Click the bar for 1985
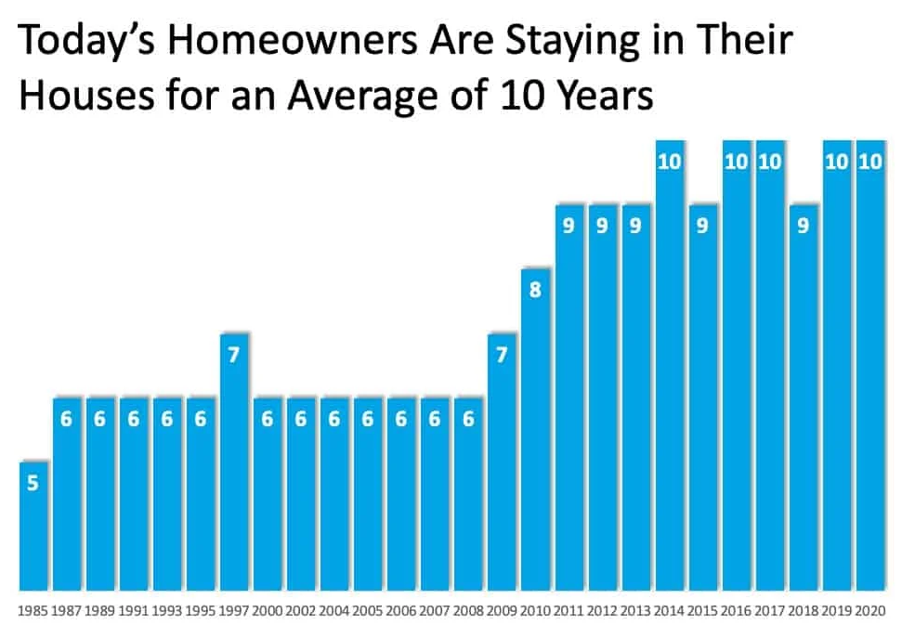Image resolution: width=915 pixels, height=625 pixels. point(33,526)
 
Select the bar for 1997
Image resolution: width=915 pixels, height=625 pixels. point(235,462)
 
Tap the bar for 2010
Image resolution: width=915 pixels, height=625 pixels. point(536,429)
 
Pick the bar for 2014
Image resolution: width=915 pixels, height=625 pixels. point(670,365)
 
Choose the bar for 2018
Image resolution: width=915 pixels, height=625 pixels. point(804,397)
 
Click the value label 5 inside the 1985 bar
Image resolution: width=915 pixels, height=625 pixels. point(33,483)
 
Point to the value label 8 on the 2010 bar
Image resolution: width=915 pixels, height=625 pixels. point(536,290)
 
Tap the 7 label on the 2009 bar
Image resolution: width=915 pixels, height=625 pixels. point(502,354)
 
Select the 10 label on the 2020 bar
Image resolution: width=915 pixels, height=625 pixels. point(870,161)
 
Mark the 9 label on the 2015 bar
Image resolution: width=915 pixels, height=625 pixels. point(702,226)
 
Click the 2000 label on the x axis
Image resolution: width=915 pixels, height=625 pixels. point(268,611)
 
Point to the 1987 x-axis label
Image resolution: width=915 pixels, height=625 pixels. point(66,611)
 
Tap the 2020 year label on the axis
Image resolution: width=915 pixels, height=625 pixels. point(870,611)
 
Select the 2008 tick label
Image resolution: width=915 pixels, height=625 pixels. point(468,611)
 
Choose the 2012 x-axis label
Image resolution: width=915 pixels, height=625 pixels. point(602,611)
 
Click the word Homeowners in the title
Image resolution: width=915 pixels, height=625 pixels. point(294,40)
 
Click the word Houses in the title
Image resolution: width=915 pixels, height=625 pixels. point(87,95)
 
